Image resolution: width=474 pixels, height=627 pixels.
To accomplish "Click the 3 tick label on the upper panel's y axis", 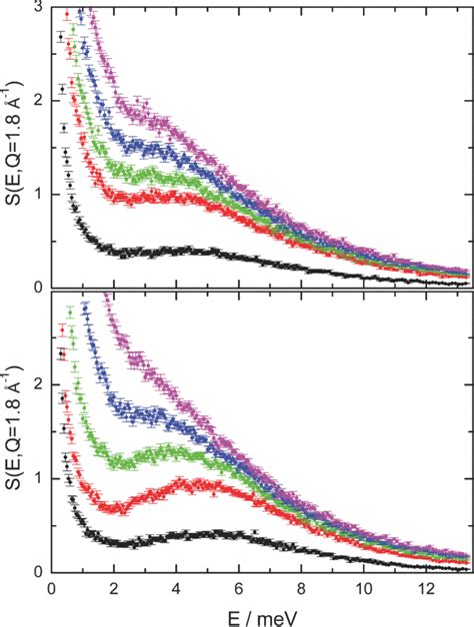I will coord(38,9).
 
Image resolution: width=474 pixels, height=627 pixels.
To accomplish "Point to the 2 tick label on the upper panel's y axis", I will coord(38,102).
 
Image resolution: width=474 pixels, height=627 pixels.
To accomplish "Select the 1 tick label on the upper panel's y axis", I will coord(38,195).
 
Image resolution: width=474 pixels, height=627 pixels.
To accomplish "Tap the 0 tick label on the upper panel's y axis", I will coord(38,287).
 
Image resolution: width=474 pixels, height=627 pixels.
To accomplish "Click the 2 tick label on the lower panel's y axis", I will coord(38,384).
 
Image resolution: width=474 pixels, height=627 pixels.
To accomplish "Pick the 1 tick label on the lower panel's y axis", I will coord(38,478).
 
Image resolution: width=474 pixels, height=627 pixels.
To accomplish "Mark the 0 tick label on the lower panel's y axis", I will coord(38,571).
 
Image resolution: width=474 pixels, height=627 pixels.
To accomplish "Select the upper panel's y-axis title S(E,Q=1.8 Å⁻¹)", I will coord(13,147).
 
